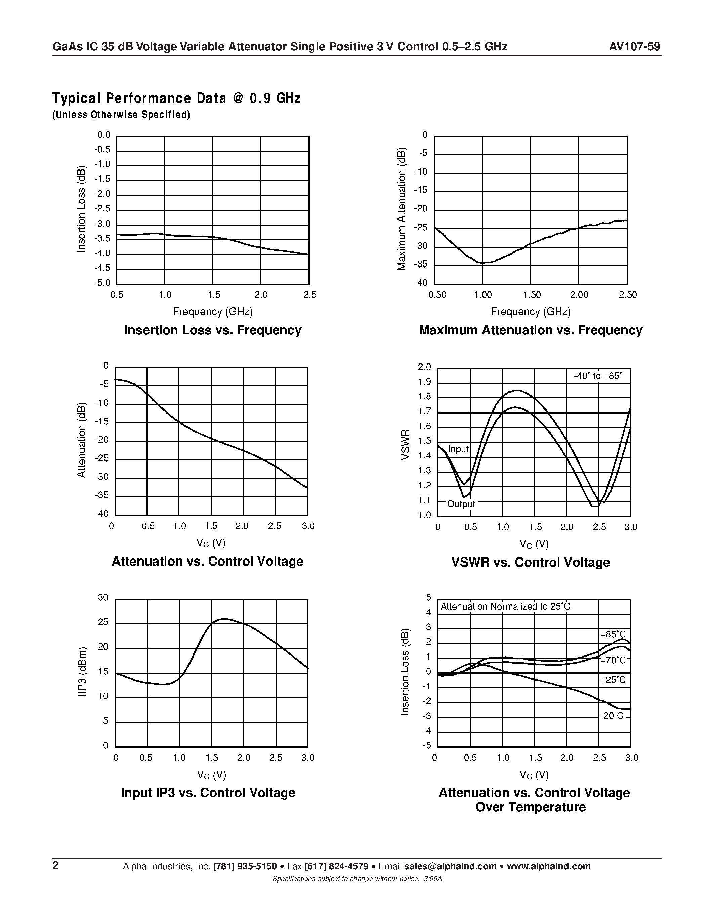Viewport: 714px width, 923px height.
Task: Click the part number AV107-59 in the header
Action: tap(634, 47)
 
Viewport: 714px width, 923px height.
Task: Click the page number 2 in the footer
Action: tap(56, 866)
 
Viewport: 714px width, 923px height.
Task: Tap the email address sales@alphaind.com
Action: tap(450, 866)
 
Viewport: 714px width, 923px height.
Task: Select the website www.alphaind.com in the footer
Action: tap(548, 866)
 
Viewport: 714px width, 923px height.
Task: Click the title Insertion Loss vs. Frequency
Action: tap(212, 330)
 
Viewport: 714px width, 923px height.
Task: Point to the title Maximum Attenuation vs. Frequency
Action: tap(531, 330)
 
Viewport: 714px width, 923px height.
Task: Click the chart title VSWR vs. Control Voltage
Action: tap(531, 562)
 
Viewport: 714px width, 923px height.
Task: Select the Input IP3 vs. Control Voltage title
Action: tap(208, 792)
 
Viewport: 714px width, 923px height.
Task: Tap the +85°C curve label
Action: tap(613, 635)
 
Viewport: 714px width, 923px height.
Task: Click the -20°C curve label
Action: tap(612, 716)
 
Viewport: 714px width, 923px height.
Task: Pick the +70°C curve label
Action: tap(613, 660)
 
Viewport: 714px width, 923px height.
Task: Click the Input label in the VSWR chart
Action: tap(459, 449)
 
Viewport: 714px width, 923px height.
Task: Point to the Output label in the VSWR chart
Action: tap(461, 504)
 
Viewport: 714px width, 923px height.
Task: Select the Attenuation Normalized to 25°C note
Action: tap(505, 606)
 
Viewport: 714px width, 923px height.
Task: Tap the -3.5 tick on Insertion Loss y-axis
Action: tap(102, 238)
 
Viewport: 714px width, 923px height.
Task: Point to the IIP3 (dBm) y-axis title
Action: tap(82, 672)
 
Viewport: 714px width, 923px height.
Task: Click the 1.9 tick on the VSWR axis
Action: tap(424, 382)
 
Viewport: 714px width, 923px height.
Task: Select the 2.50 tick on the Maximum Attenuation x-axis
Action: tap(628, 295)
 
